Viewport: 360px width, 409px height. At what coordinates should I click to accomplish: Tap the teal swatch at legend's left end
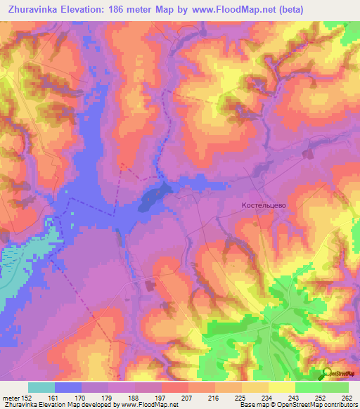point(41,387)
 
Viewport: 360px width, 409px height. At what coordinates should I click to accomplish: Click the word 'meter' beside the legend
point(11,396)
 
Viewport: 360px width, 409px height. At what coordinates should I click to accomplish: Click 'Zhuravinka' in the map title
point(32,8)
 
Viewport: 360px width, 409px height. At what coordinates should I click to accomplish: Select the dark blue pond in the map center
point(153,199)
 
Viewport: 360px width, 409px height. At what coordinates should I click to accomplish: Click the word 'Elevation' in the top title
point(91,8)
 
